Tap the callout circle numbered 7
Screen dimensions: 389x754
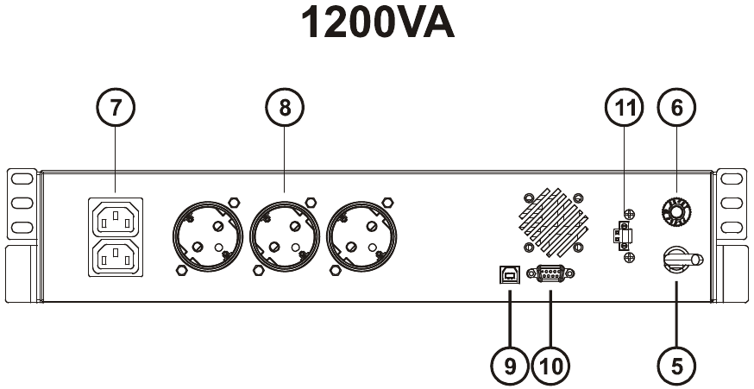[x=116, y=110]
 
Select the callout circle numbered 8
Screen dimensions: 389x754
[x=284, y=110]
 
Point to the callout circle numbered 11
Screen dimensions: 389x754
[x=625, y=110]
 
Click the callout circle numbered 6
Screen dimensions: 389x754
[x=676, y=110]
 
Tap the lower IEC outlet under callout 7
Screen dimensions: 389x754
[x=116, y=256]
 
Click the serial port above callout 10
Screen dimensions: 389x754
[x=550, y=273]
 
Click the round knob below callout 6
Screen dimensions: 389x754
[x=676, y=210]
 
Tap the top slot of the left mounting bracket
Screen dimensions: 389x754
[x=22, y=180]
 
